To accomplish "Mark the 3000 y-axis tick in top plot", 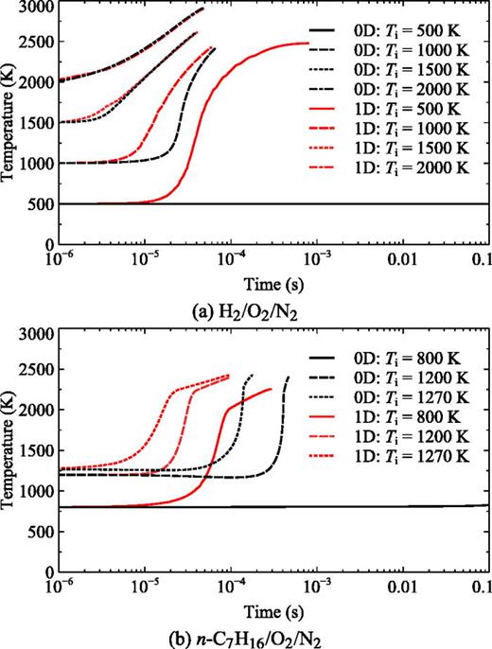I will pos(37,8).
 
